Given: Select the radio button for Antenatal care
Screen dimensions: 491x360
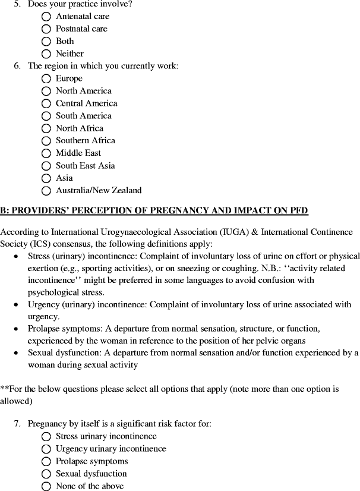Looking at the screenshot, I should pyautogui.click(x=46, y=17).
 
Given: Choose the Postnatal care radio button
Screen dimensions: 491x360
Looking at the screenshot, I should pyautogui.click(x=46, y=29).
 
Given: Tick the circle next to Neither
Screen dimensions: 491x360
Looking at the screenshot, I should pyautogui.click(x=46, y=54).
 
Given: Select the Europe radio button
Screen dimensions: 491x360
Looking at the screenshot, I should pyautogui.click(x=46, y=79).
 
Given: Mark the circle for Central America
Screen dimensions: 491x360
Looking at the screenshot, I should pyautogui.click(x=46, y=104).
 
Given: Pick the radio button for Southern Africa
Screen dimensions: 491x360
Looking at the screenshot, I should pyautogui.click(x=46, y=141).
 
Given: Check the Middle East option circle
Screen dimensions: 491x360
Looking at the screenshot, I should pyautogui.click(x=46, y=153).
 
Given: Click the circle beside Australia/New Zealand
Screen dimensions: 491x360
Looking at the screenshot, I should pyautogui.click(x=46, y=191).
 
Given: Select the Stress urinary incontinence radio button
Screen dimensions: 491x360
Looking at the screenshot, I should pyautogui.click(x=46, y=437).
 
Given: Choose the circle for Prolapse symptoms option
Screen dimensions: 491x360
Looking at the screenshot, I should pyautogui.click(x=46, y=462).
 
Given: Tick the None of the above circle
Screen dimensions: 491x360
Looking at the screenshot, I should pyautogui.click(x=46, y=487).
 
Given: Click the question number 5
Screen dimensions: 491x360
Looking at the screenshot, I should pyautogui.click(x=17, y=4).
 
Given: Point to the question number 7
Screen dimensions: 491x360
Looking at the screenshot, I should pyautogui.click(x=17, y=424).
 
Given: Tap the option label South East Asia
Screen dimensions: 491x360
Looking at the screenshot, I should pyautogui.click(x=85, y=166).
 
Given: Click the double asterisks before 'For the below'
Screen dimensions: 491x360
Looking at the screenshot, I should pyautogui.click(x=4, y=389).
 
